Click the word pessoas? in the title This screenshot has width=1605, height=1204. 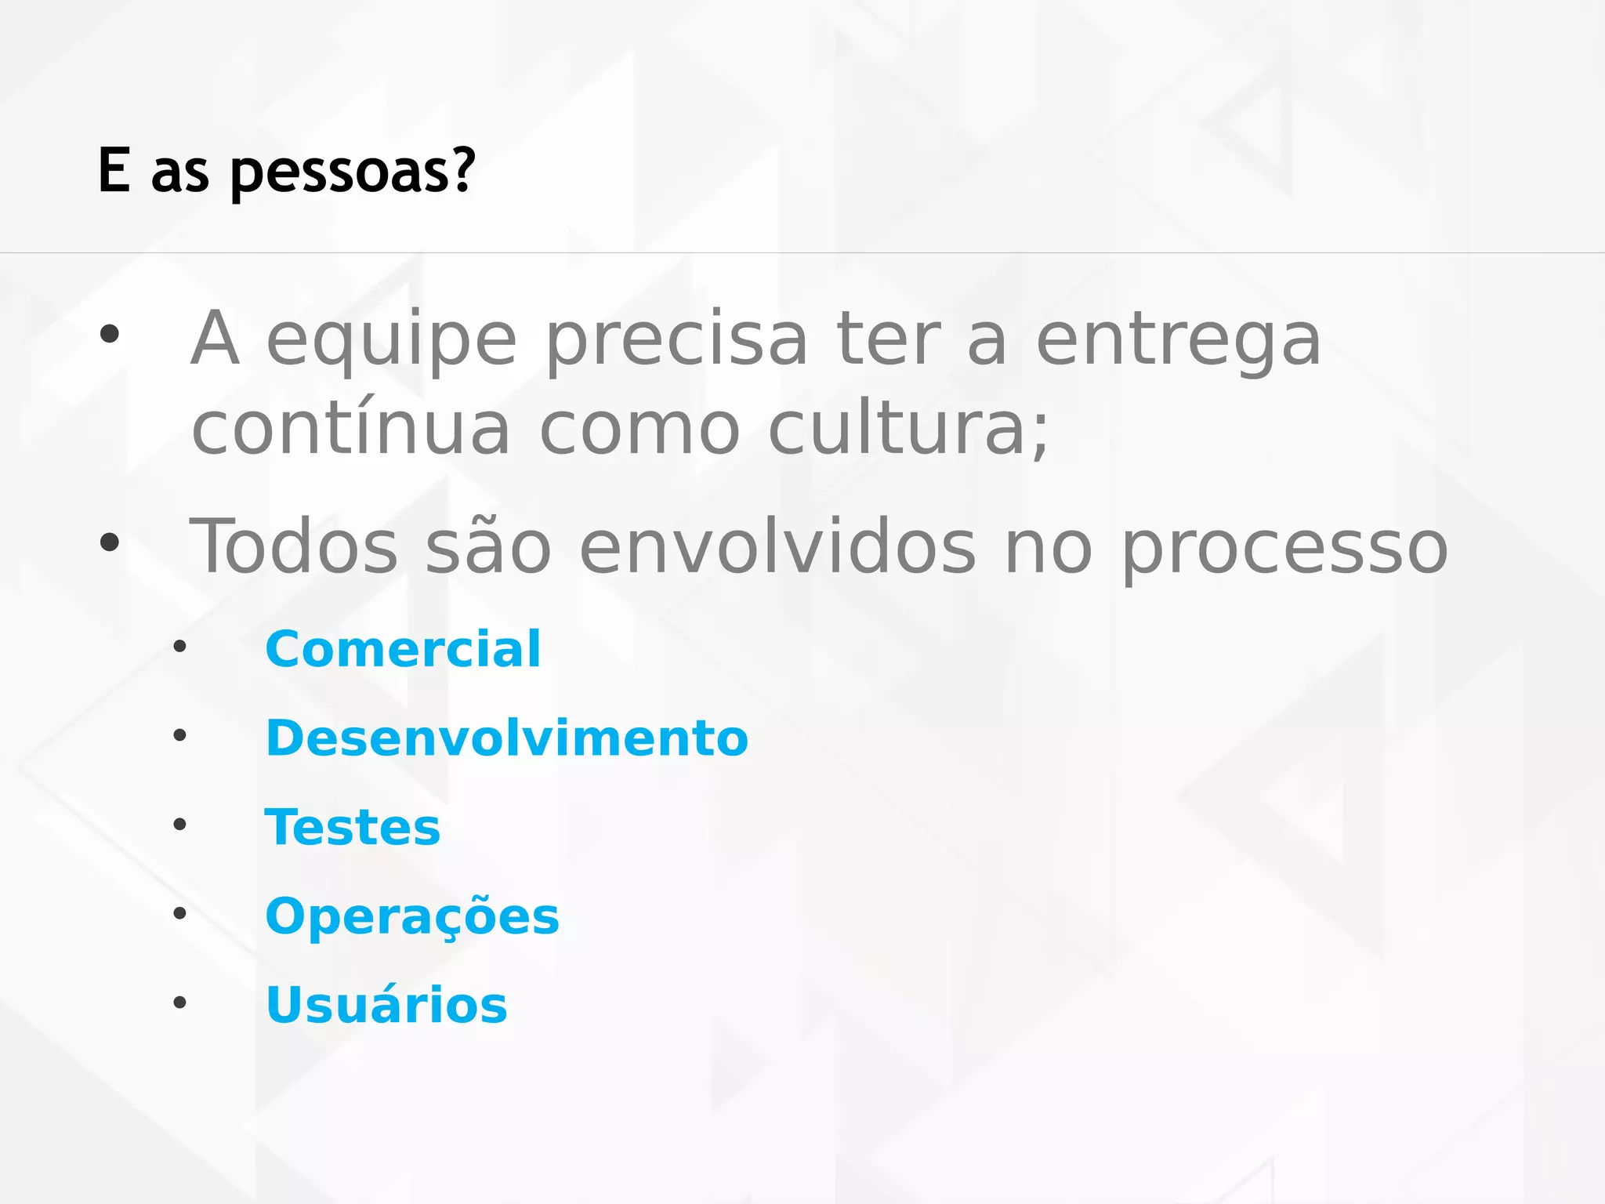pyautogui.click(x=353, y=171)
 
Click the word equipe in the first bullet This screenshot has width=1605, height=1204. pyautogui.click(x=392, y=340)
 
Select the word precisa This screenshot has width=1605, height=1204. pyautogui.click(x=676, y=340)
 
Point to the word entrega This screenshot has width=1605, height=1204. pyautogui.click(x=1179, y=340)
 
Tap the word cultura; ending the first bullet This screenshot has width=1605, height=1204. pyautogui.click(x=909, y=429)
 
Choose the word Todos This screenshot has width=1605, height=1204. pyautogui.click(x=294, y=546)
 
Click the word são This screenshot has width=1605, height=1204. pyautogui.click(x=488, y=546)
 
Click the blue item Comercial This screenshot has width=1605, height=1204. pyautogui.click(x=403, y=649)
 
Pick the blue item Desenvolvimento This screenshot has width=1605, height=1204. pyautogui.click(x=507, y=738)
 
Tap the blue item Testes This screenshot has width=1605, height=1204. pyautogui.click(x=353, y=827)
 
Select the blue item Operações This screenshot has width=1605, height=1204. pyautogui.click(x=412, y=916)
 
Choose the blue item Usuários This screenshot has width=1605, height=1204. pyautogui.click(x=386, y=1005)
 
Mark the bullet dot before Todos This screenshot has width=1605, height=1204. pyautogui.click(x=110, y=542)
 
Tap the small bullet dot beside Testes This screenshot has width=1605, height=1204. pyautogui.click(x=180, y=824)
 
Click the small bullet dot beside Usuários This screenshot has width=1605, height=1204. pyautogui.click(x=180, y=1002)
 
